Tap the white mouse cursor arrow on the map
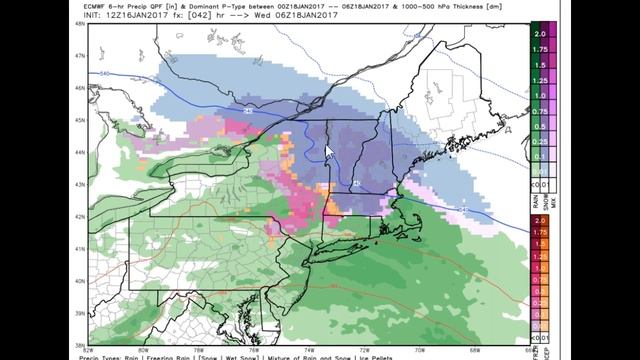point(330,151)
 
